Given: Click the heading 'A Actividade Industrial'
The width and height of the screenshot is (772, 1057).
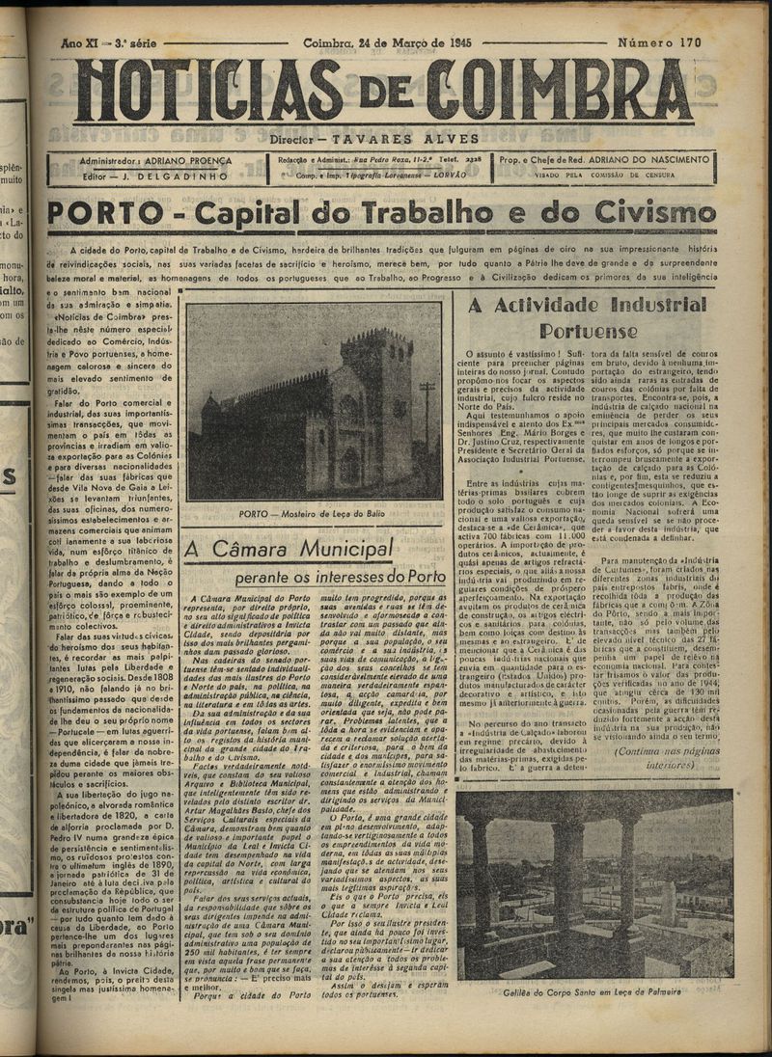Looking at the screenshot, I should pos(586,306).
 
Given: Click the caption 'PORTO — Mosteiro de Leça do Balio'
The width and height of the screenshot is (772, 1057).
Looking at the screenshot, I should pos(314,513).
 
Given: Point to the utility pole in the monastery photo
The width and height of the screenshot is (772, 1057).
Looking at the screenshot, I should pos(426,424).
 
